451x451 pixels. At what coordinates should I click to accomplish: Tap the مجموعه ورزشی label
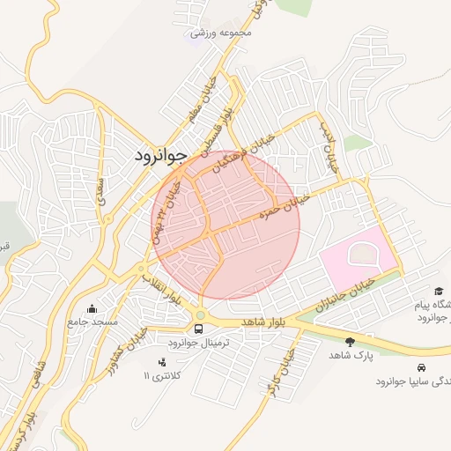[x=221, y=33]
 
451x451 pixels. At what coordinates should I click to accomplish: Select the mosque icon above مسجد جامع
[x=92, y=308]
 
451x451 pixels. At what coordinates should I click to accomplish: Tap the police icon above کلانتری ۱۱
[x=161, y=362]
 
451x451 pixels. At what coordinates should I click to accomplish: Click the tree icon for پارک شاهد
[x=350, y=341]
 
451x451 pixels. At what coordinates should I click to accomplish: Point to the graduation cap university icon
[x=438, y=291]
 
